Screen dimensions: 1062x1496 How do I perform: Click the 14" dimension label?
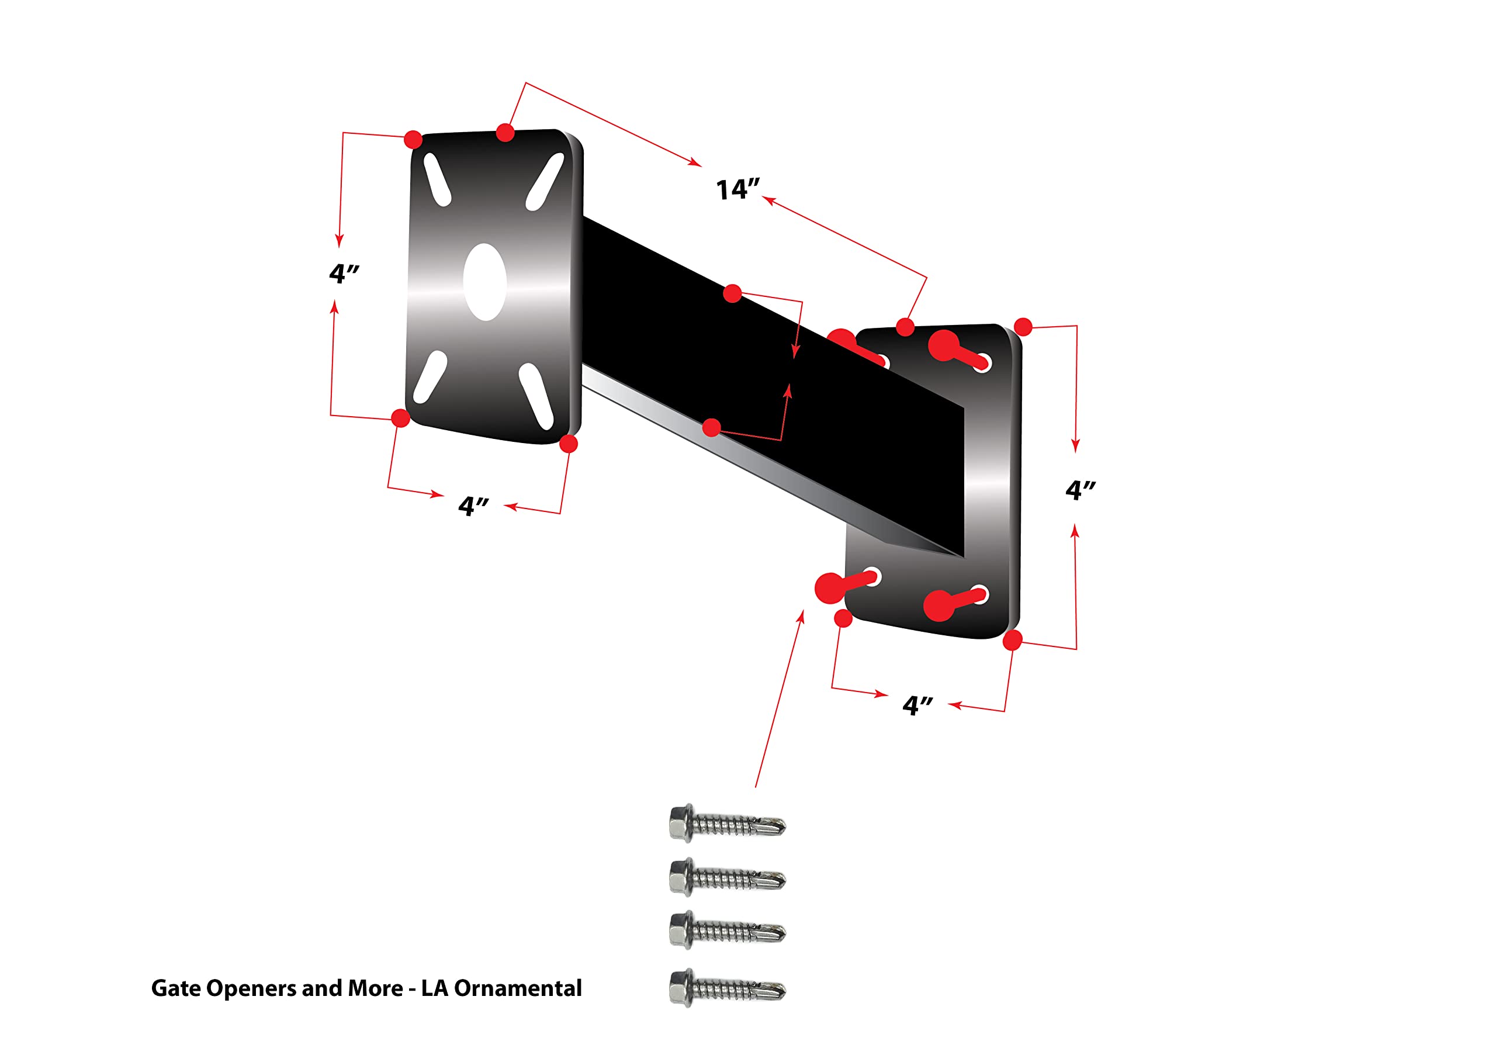coord(737,189)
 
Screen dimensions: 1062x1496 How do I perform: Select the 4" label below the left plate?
coord(473,506)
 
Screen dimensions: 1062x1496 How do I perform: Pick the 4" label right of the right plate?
coord(1080,489)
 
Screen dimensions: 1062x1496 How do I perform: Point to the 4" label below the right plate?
coord(917,705)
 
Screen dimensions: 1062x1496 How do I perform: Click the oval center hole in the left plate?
coord(484,282)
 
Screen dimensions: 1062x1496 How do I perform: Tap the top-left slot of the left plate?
coord(437,180)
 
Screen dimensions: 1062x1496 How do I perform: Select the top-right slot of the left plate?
coord(545,182)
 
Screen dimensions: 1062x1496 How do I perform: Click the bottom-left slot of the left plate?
coord(430,378)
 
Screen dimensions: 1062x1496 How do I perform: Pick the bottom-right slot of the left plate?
coord(536,396)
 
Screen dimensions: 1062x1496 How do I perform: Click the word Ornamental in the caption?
coord(517,988)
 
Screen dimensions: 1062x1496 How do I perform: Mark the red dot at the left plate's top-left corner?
coord(413,139)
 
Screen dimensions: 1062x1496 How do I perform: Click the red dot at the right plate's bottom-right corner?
coord(1012,641)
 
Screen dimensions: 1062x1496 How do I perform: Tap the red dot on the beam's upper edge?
coord(732,293)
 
